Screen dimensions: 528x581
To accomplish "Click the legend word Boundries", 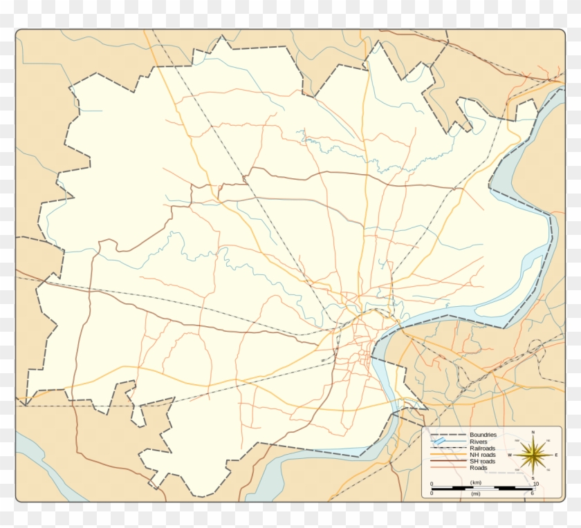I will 483,435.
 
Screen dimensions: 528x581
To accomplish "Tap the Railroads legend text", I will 482,449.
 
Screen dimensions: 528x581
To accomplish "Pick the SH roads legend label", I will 482,462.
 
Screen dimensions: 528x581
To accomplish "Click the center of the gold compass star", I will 533,455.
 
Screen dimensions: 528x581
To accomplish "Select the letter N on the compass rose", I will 533,432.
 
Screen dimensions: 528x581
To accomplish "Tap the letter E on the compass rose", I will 556,455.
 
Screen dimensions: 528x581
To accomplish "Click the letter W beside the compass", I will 510,455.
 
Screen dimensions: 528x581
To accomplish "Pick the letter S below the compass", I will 533,478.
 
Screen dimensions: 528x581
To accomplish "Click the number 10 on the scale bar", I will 536,484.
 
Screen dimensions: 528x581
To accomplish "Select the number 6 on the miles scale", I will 533,493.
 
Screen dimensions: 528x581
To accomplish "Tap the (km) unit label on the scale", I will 476,482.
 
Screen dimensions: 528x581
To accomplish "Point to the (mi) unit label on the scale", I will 475,493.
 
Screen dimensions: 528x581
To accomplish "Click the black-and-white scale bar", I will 482,488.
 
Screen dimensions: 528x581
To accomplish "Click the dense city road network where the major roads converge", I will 361,339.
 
